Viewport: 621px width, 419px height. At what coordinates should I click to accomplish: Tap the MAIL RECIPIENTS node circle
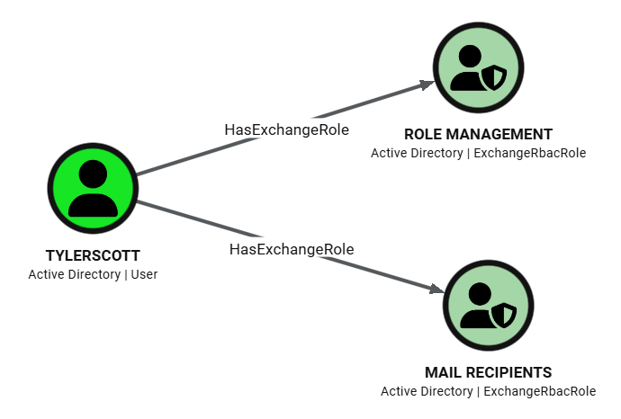[x=488, y=306]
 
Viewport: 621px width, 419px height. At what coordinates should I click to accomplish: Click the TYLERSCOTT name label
[x=93, y=255]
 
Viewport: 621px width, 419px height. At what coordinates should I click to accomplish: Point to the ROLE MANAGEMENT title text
[x=478, y=134]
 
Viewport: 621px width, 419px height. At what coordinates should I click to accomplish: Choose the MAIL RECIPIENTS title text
[x=488, y=372]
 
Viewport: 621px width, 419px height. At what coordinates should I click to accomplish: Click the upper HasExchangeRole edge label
[x=286, y=129]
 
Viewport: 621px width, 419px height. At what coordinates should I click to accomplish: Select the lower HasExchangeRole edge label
[x=292, y=248]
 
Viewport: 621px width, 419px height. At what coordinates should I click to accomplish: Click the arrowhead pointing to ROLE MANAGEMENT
[x=427, y=85]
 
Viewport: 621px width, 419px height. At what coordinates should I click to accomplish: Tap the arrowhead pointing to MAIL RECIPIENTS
[x=436, y=290]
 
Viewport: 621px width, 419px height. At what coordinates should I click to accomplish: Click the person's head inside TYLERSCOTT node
[x=92, y=174]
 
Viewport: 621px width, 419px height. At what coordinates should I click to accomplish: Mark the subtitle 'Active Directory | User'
[x=93, y=274]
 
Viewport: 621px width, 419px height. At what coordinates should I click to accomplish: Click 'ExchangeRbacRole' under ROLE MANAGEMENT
[x=529, y=153]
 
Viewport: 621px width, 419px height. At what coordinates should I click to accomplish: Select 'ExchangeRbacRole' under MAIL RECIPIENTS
[x=539, y=391]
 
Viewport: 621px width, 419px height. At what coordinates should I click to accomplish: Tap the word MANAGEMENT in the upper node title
[x=500, y=134]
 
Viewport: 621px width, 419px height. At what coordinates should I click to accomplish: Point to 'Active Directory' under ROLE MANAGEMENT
[x=418, y=153]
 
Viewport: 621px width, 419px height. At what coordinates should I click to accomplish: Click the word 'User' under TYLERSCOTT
[x=144, y=274]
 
